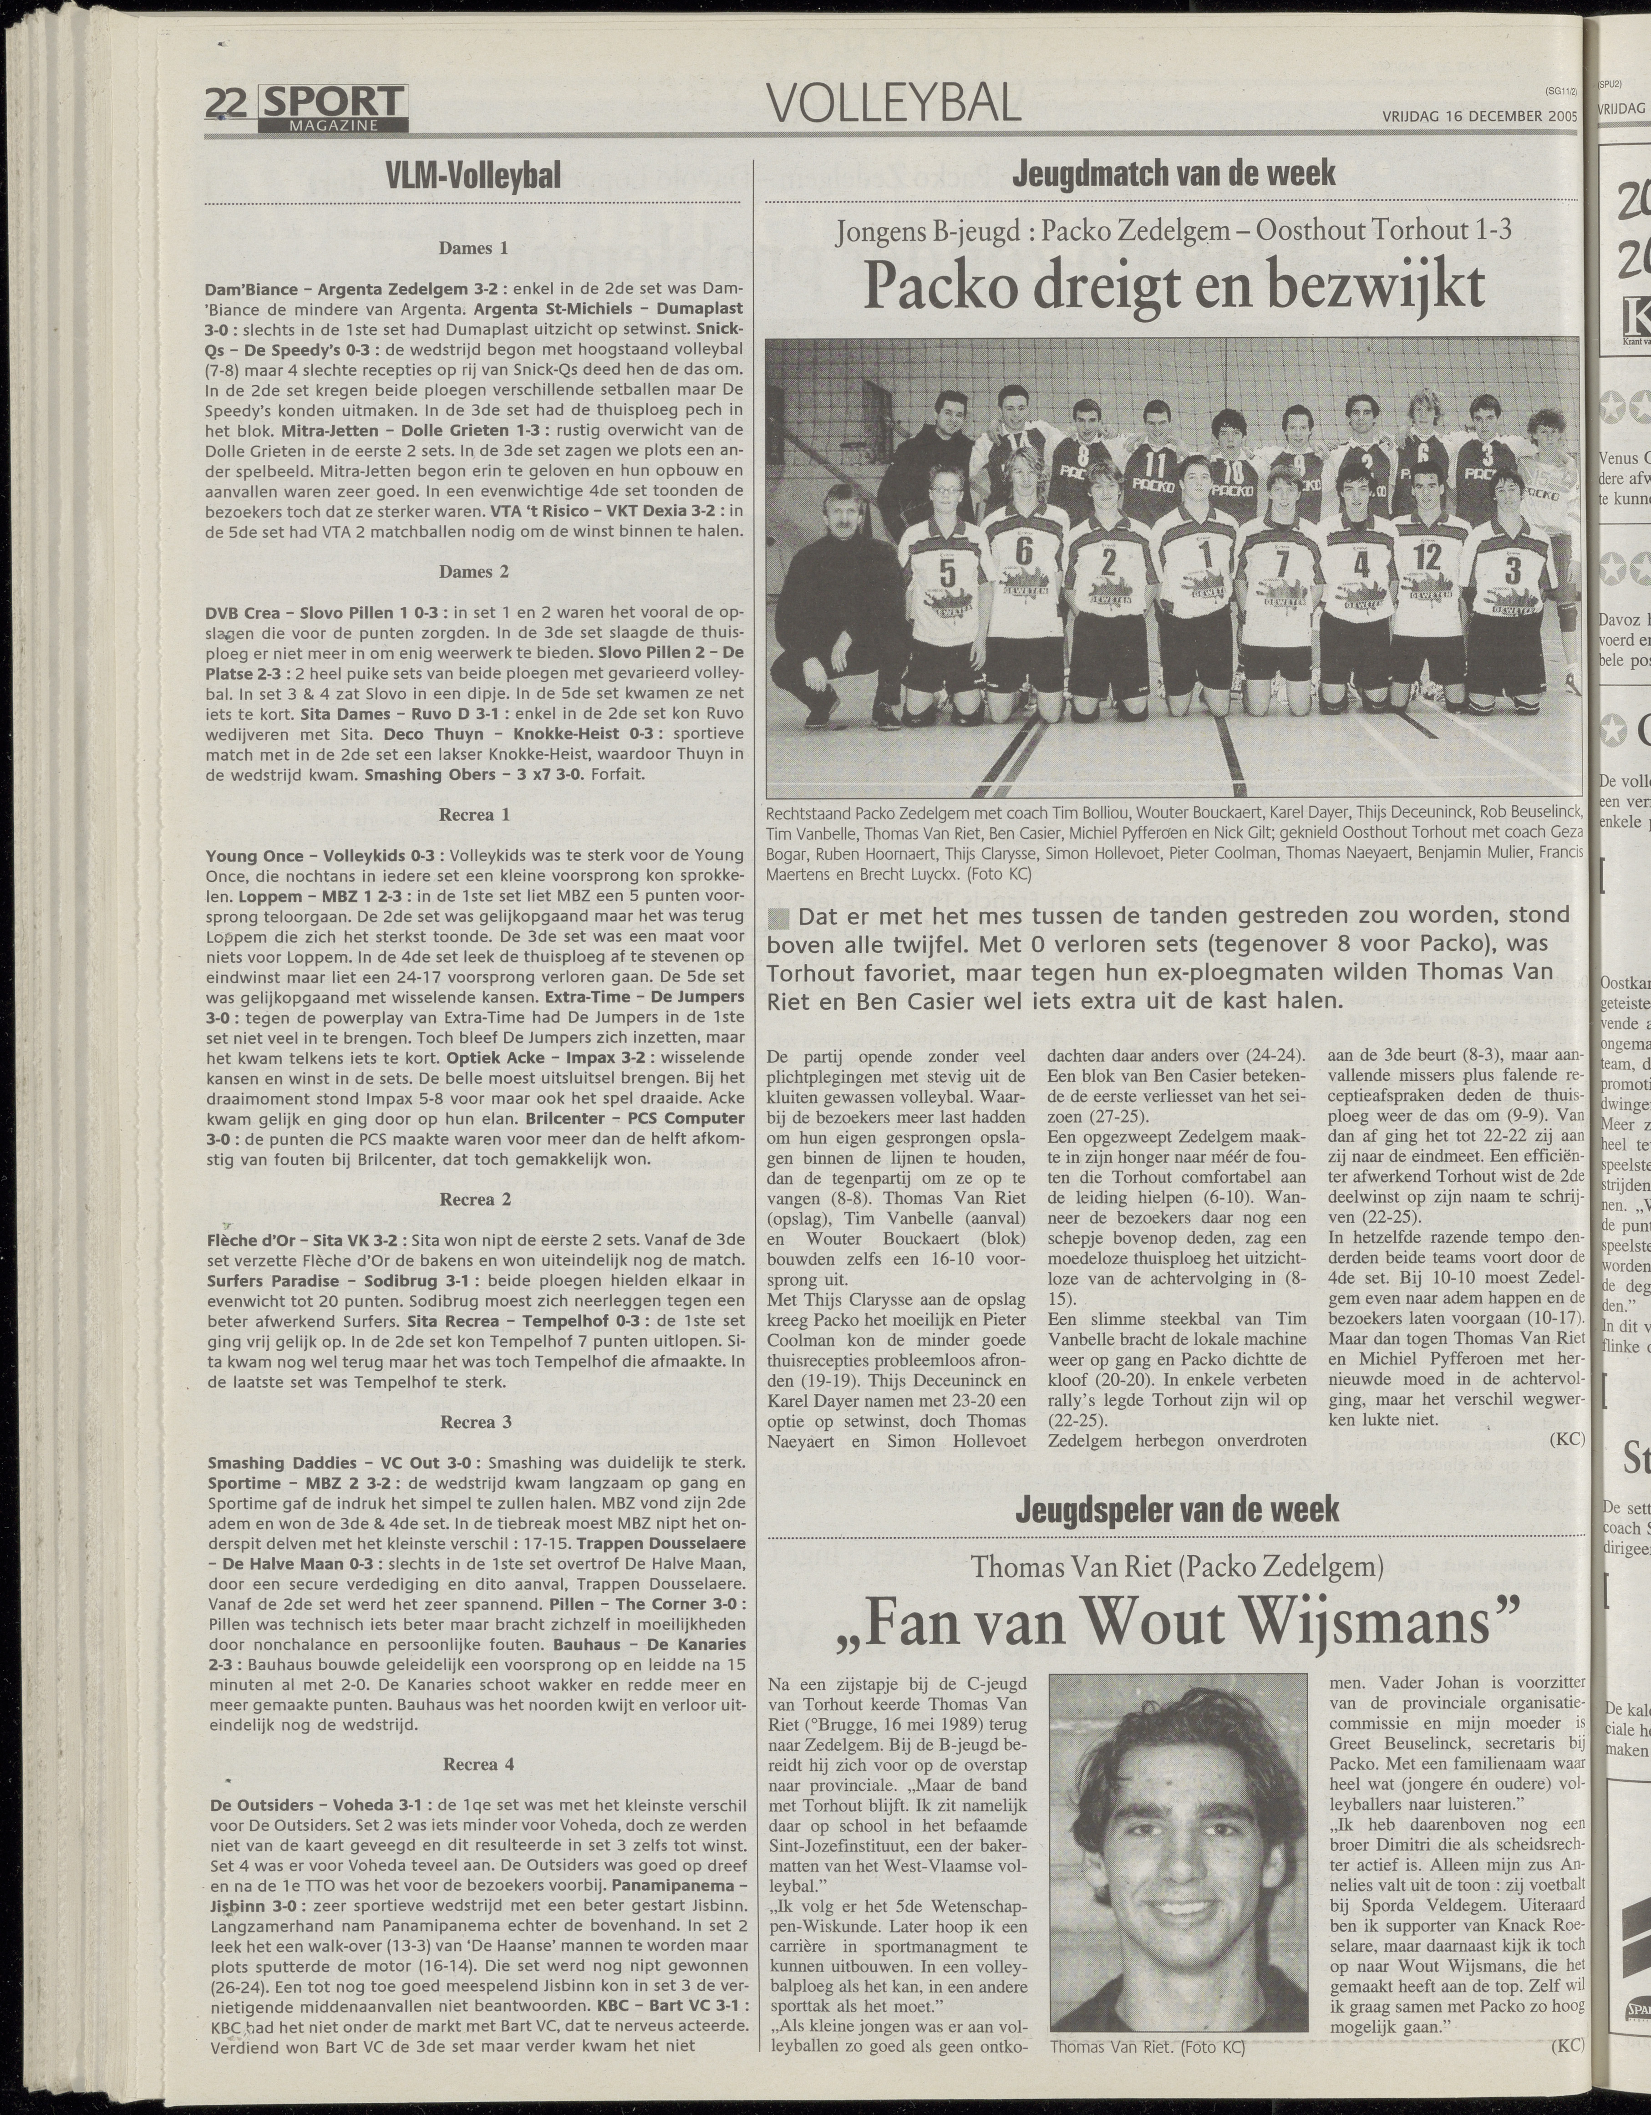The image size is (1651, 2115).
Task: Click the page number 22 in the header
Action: point(229,102)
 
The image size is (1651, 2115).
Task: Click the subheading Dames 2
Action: point(473,571)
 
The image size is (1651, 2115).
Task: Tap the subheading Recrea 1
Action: point(473,814)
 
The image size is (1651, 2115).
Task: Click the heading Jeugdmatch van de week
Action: point(1173,174)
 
